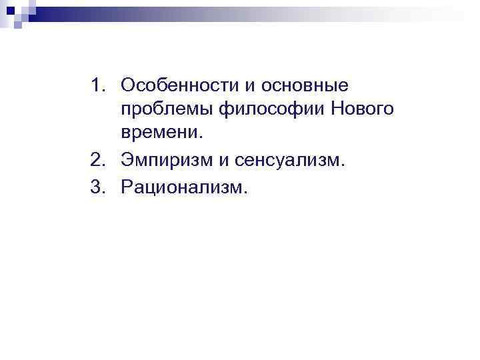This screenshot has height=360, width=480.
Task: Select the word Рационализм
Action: coord(183,189)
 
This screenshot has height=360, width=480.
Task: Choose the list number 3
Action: coord(97,189)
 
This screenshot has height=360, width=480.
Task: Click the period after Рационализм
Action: coord(245,193)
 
